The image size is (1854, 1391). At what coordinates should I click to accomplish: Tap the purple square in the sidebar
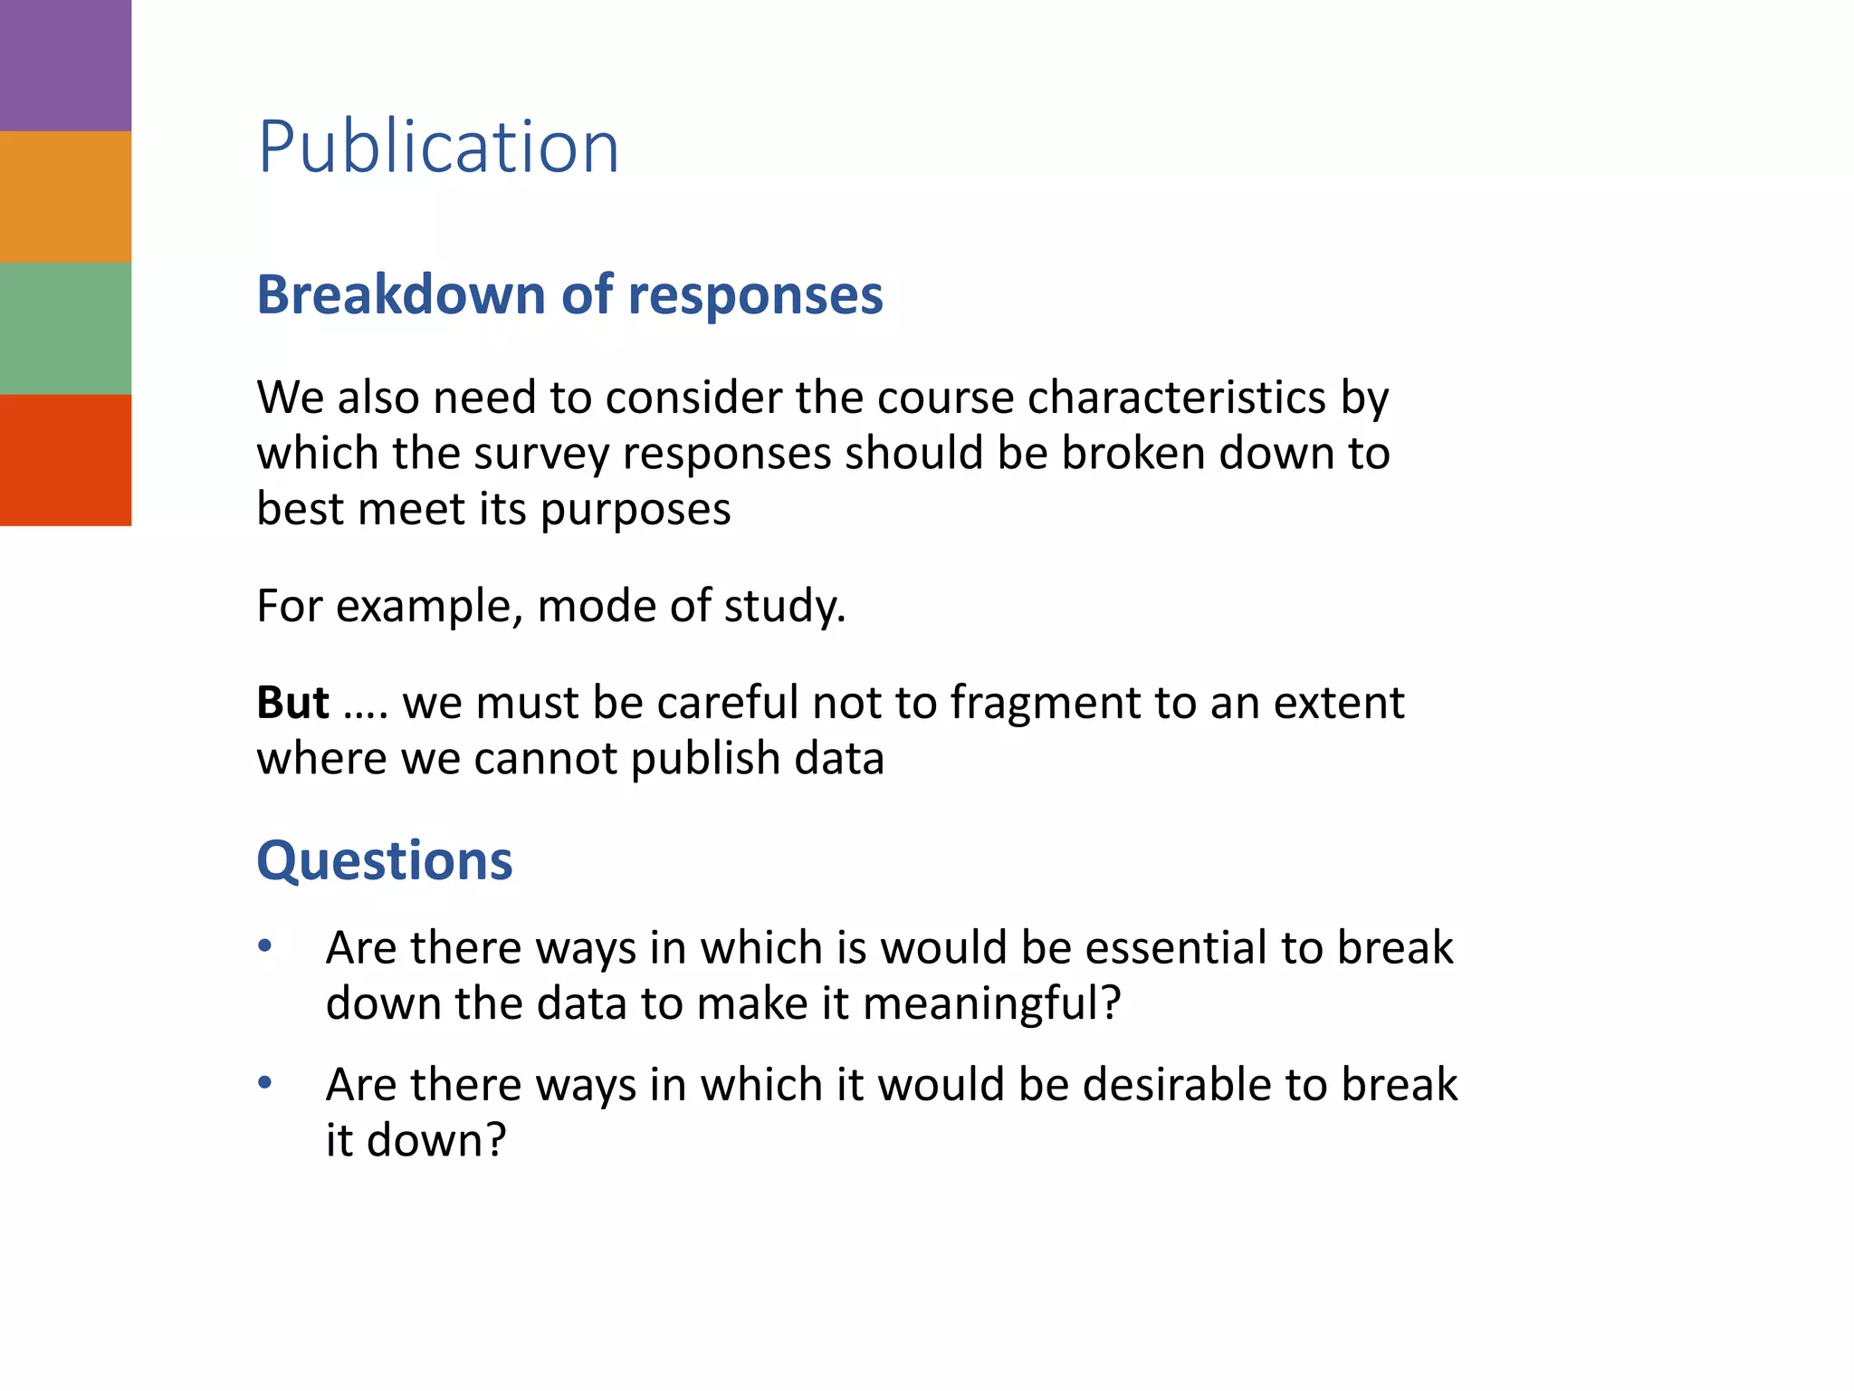click(x=65, y=65)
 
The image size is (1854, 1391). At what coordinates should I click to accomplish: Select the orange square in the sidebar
click(x=65, y=197)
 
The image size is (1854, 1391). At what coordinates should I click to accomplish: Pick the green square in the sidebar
click(x=65, y=328)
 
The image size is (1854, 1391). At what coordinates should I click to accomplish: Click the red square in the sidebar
click(x=65, y=459)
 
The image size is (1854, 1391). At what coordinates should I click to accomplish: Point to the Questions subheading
click(x=385, y=860)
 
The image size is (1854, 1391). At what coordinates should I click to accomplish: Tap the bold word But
click(x=292, y=703)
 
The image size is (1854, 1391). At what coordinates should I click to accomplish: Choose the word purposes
click(x=636, y=510)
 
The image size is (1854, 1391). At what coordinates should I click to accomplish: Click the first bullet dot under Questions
click(x=265, y=947)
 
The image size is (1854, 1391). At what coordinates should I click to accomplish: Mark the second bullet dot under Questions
click(x=265, y=1083)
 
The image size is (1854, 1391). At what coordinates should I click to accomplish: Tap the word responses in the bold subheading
click(x=755, y=295)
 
